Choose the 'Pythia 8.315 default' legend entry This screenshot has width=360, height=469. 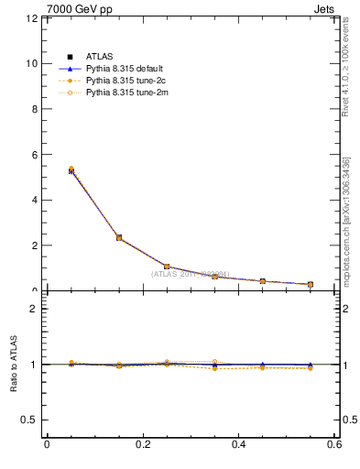pos(125,68)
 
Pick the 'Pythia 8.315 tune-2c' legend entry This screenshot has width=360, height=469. pos(125,80)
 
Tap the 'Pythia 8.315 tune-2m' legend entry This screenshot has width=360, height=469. pos(125,92)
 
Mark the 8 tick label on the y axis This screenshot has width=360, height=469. pos(34,109)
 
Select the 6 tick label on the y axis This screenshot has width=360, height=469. pos(34,155)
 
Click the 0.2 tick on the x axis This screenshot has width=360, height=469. pos(142,444)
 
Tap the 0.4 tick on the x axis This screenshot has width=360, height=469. pos(238,444)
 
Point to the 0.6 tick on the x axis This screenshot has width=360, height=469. pos(334,444)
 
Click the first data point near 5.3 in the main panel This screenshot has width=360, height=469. pos(71,170)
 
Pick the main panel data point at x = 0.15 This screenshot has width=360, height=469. pos(119,238)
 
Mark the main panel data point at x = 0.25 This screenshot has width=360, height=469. pos(167,267)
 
